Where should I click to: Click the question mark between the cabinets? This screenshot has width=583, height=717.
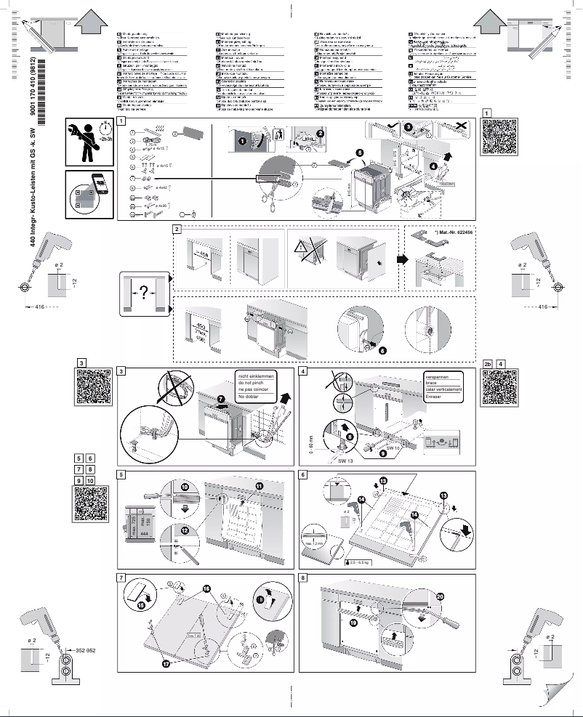pyautogui.click(x=143, y=293)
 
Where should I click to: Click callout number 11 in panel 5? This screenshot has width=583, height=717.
pyautogui.click(x=259, y=485)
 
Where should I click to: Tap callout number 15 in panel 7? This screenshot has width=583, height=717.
pyautogui.click(x=140, y=604)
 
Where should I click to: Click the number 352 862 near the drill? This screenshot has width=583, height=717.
pyautogui.click(x=86, y=649)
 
